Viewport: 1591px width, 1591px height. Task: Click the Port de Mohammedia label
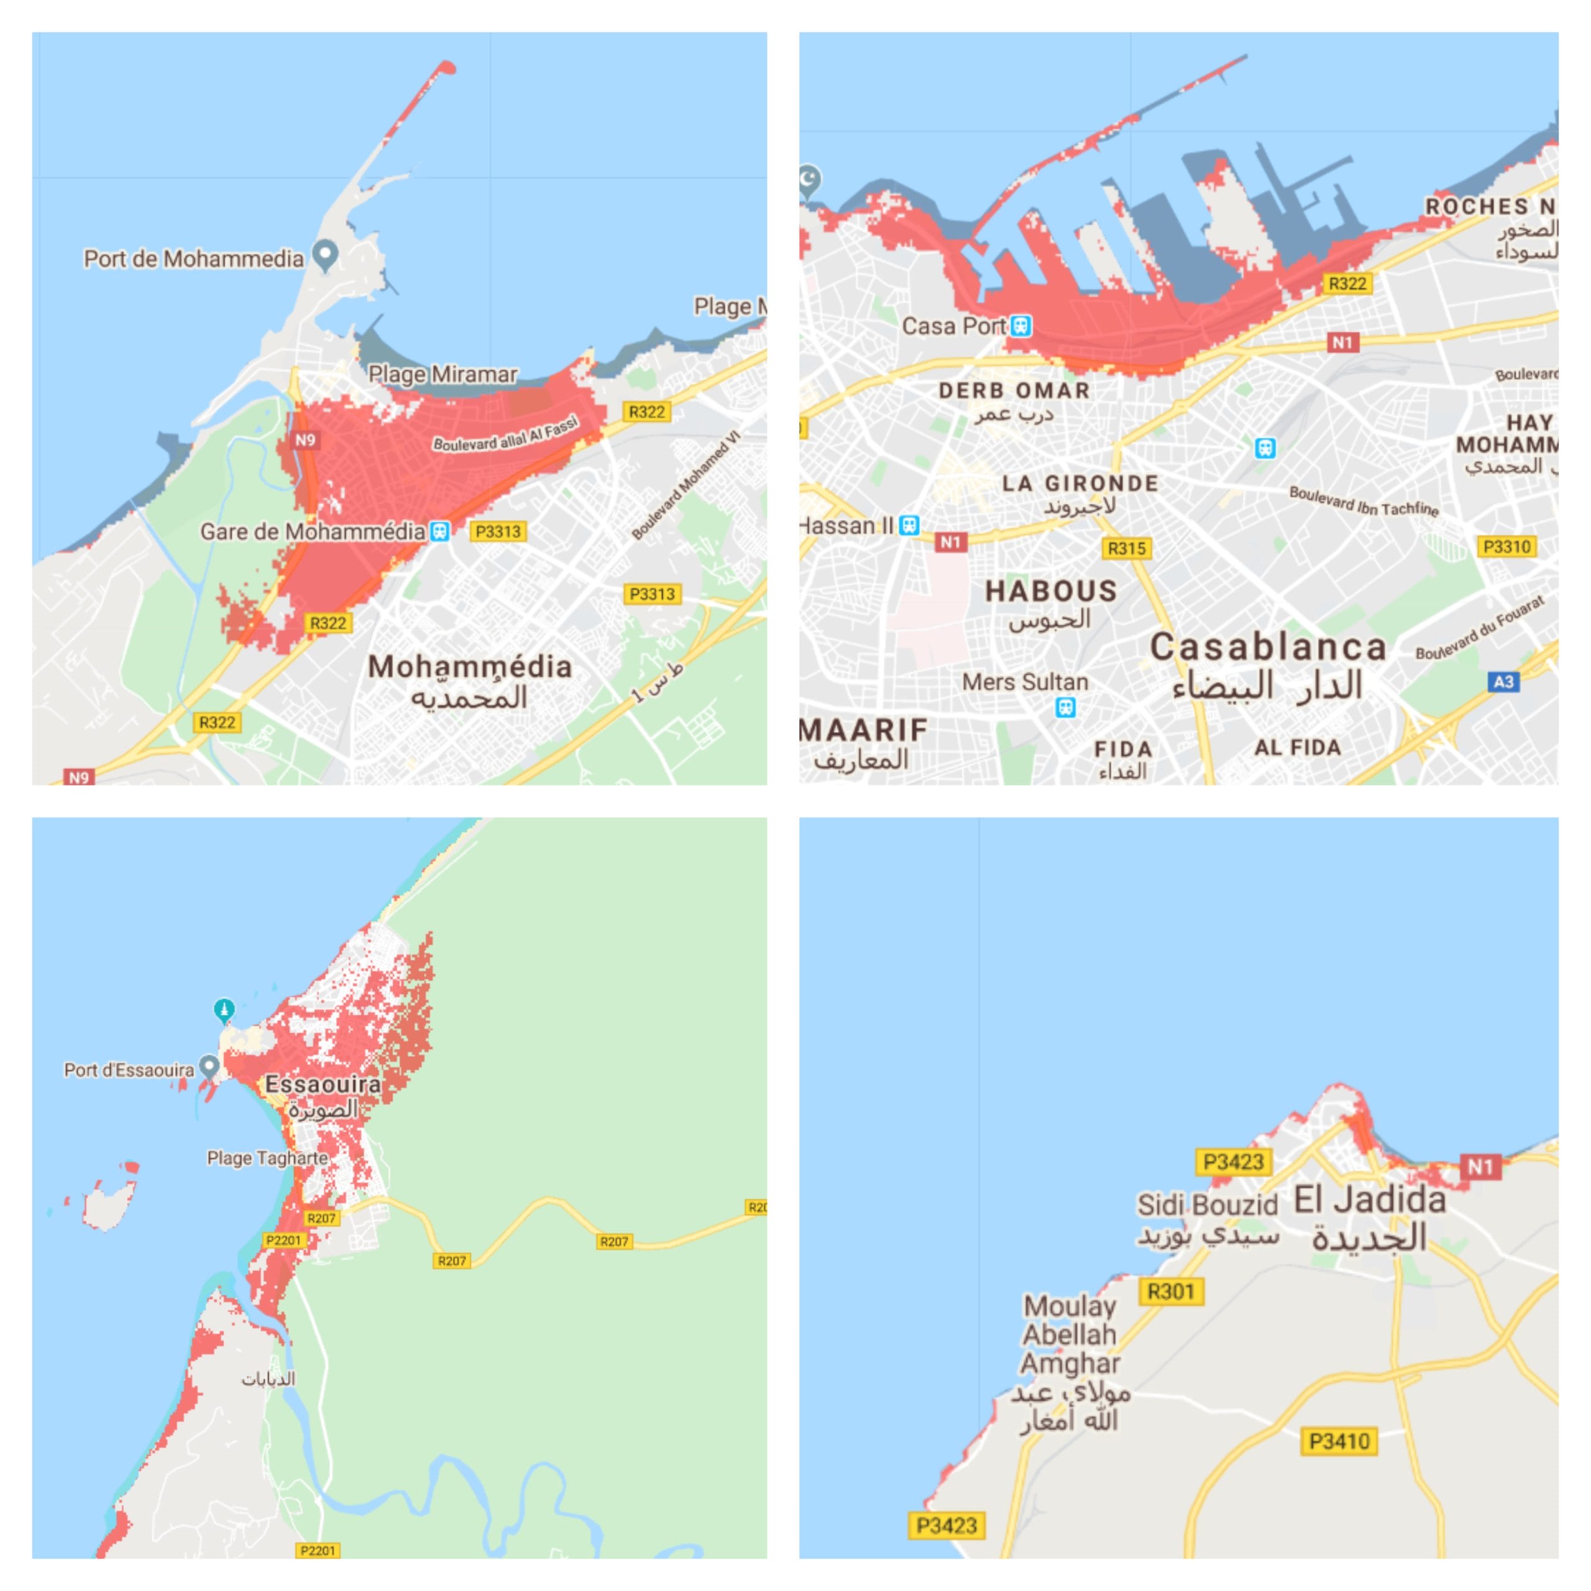[x=193, y=259]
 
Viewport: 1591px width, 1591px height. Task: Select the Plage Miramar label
[x=442, y=374]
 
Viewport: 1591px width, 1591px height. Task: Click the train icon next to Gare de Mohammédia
[x=441, y=531]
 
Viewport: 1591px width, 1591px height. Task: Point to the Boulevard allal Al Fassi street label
[x=506, y=434]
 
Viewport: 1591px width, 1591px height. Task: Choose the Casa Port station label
[x=953, y=326]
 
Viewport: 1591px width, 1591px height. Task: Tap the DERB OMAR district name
[x=1014, y=390]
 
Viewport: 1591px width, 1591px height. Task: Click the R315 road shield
[x=1127, y=548]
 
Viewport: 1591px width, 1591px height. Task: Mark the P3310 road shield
[x=1506, y=547]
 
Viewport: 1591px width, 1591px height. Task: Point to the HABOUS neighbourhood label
[x=1051, y=591]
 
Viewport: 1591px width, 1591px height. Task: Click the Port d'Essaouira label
[x=129, y=1070]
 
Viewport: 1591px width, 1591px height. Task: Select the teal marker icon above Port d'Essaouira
[x=224, y=1009]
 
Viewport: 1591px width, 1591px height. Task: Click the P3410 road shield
[x=1339, y=1441]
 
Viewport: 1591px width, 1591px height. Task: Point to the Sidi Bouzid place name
[x=1208, y=1205]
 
